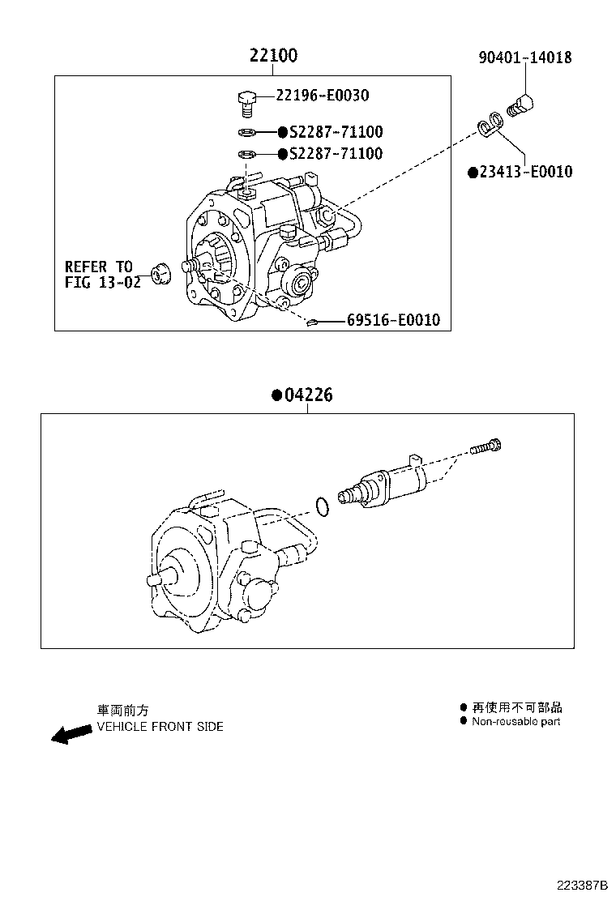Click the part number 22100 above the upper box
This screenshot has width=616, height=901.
pyautogui.click(x=273, y=55)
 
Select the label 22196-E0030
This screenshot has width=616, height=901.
pyautogui.click(x=323, y=96)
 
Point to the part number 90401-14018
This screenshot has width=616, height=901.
pyautogui.click(x=524, y=58)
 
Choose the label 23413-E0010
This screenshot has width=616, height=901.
pyautogui.click(x=525, y=172)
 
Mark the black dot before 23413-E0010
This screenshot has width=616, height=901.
pyautogui.click(x=472, y=172)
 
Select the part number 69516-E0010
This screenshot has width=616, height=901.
pyautogui.click(x=393, y=321)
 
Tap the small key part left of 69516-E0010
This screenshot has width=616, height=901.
pyautogui.click(x=311, y=323)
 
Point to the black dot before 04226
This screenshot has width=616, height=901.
pyautogui.click(x=276, y=395)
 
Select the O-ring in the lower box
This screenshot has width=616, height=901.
pyautogui.click(x=322, y=507)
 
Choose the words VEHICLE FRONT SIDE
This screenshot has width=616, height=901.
pyautogui.click(x=160, y=727)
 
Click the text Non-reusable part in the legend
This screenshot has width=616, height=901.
pyautogui.click(x=515, y=721)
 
